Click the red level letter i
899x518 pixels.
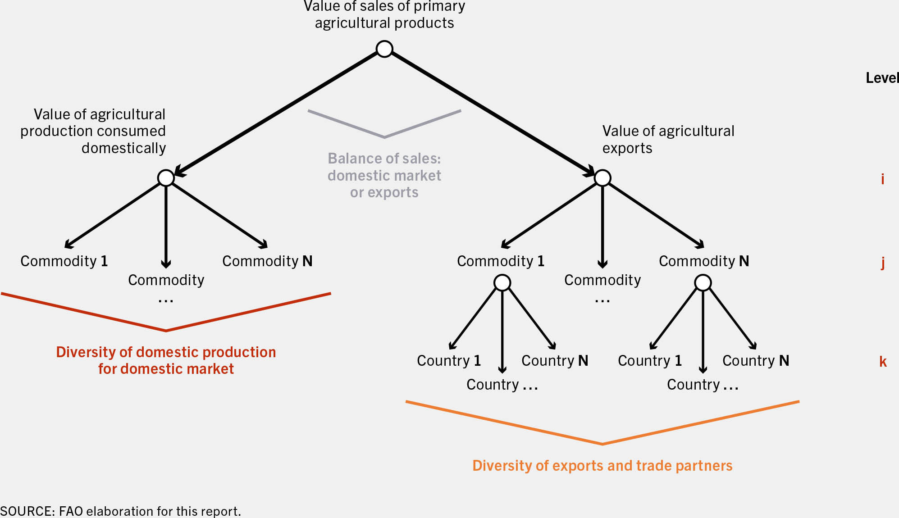pos(883,179)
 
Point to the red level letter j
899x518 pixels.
pos(883,263)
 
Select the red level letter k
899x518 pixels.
pos(883,361)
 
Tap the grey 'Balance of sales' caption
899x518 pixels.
pos(384,175)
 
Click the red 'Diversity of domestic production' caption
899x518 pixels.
pos(166,360)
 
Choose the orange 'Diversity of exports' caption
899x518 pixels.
pos(602,465)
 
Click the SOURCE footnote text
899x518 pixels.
pos(120,511)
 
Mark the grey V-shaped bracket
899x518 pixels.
pos(384,136)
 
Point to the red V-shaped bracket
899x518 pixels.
pos(166,331)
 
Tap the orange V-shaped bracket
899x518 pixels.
pos(602,444)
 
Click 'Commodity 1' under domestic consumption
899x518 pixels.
pos(64,261)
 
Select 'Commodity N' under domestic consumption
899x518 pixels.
pos(267,261)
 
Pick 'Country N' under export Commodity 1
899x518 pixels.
pos(555,361)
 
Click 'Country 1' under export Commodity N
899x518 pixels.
pos(650,361)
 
